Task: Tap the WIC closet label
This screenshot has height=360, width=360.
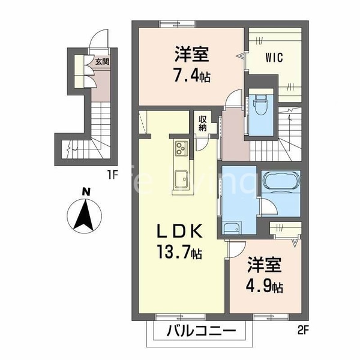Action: click(x=274, y=58)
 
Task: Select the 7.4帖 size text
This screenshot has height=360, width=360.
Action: click(x=192, y=77)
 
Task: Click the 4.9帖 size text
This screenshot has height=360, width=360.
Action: click(x=265, y=286)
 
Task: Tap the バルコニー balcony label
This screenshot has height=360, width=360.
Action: click(x=198, y=330)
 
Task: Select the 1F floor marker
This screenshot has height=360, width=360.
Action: click(x=111, y=176)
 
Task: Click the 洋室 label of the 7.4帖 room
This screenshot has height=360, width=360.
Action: click(x=192, y=55)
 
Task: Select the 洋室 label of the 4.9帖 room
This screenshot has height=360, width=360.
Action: click(x=265, y=265)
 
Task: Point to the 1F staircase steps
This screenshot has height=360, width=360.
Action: click(x=90, y=129)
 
